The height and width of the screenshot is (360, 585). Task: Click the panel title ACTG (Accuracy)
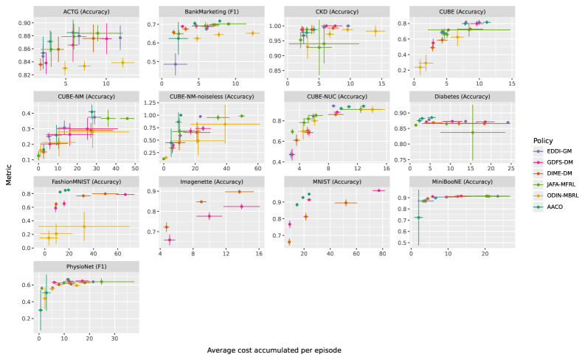(x=81, y=11)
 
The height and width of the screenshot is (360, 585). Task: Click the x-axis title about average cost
(x=274, y=350)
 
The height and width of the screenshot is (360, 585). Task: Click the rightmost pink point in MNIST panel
(x=378, y=191)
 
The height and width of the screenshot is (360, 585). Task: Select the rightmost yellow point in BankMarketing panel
(x=252, y=33)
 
